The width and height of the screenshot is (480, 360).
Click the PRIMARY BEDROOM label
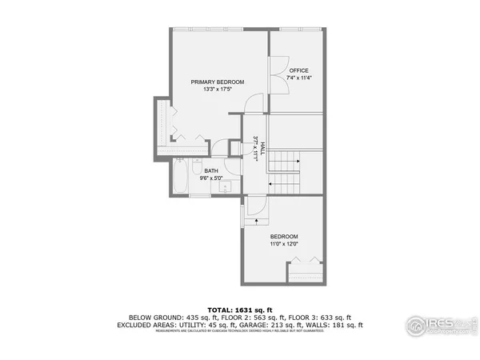(217, 82)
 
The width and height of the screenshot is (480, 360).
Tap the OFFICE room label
(298, 70)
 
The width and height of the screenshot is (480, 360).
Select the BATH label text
(210, 170)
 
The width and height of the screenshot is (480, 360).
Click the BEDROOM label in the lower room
(283, 236)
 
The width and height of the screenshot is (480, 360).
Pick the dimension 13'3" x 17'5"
(217, 90)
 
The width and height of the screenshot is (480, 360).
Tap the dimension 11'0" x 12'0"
(283, 244)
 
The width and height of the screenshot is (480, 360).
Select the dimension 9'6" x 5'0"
(210, 178)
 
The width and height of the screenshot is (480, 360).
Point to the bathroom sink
(226, 188)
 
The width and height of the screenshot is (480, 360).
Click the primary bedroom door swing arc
(252, 102)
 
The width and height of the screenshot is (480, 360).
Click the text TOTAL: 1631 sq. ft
(239, 309)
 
